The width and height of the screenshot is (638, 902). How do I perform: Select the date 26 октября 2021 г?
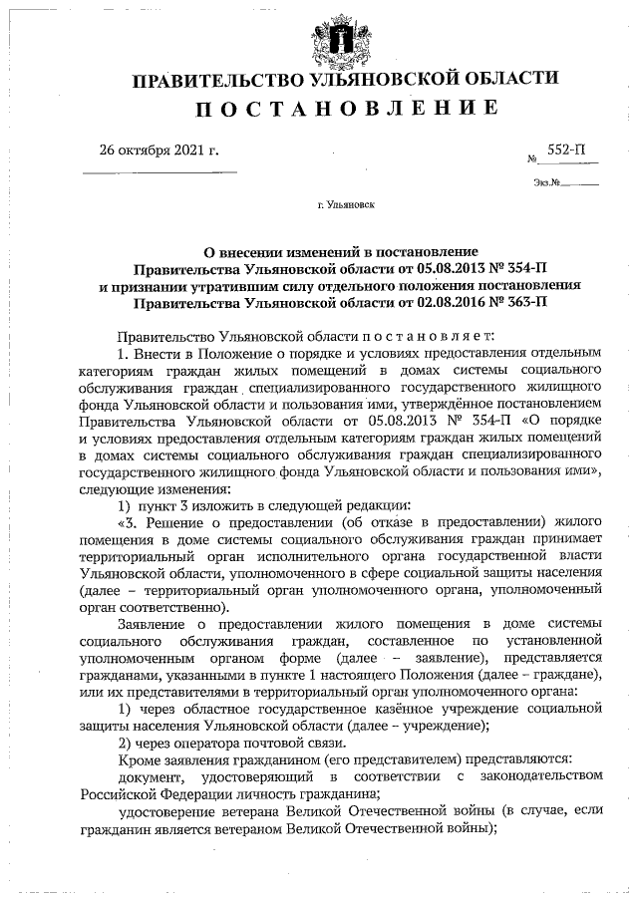click(159, 150)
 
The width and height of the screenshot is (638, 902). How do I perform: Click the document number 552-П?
click(565, 150)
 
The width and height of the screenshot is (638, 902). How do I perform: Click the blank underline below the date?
click(159, 173)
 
